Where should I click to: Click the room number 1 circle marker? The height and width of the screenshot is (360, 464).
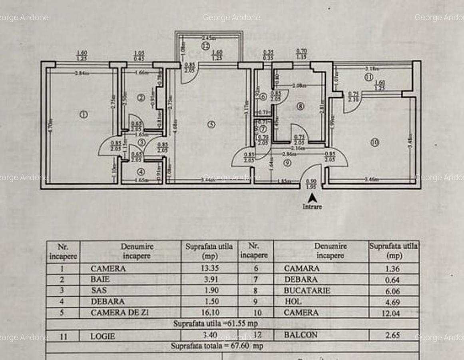point(84,115)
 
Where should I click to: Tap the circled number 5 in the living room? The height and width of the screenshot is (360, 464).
point(211,124)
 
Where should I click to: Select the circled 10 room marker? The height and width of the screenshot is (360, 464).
point(374,142)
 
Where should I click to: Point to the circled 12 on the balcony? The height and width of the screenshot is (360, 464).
point(205,46)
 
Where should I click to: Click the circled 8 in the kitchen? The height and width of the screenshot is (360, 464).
point(300,106)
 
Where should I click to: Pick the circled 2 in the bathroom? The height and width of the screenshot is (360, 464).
point(140,98)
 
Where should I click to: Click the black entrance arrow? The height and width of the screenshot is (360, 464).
point(313,198)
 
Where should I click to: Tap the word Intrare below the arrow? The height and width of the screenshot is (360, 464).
point(312,207)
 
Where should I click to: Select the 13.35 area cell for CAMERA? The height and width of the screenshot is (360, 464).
point(209,268)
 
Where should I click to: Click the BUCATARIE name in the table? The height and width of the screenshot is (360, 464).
point(307,291)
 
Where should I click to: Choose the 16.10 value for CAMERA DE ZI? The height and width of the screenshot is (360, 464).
point(209,312)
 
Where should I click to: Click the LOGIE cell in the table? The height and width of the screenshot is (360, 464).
point(103,336)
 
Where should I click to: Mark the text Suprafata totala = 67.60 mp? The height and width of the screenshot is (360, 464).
point(217,346)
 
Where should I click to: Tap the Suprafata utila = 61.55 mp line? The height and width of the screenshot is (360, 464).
point(215,324)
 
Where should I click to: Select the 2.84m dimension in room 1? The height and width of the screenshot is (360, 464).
point(82,73)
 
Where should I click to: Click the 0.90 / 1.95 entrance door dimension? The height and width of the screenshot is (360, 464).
point(311,184)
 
